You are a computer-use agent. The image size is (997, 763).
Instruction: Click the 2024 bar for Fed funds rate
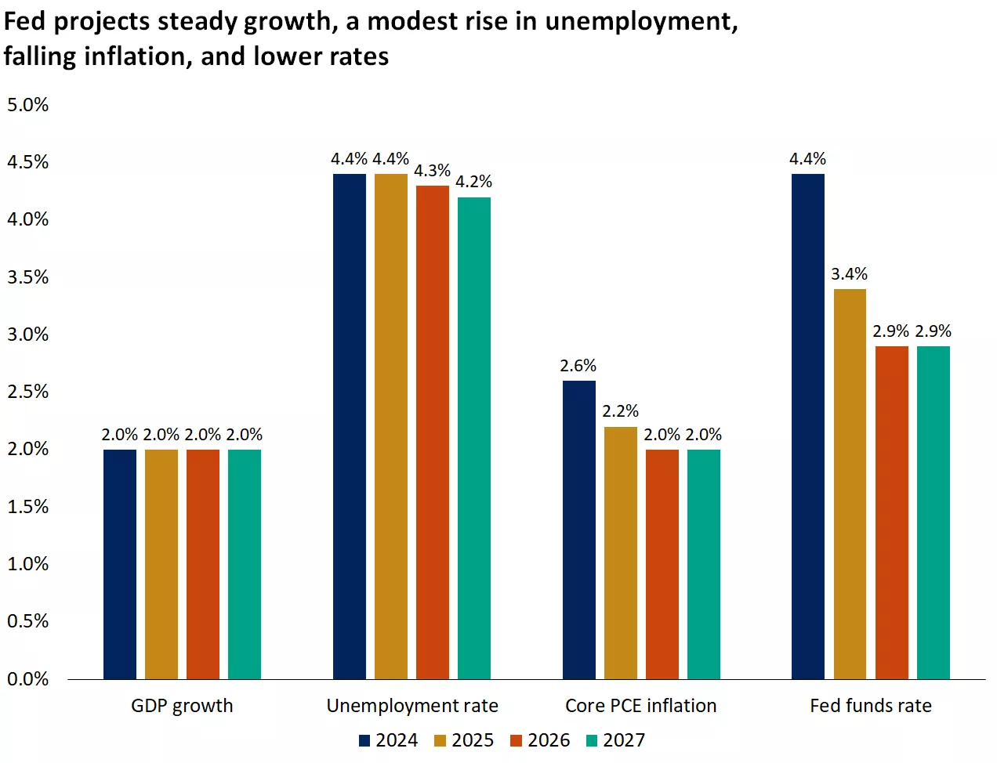(x=808, y=426)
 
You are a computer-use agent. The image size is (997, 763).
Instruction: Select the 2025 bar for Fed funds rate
(x=850, y=483)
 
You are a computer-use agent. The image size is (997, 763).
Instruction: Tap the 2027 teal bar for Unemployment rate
(x=474, y=438)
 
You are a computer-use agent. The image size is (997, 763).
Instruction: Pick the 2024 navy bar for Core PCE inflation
(x=579, y=530)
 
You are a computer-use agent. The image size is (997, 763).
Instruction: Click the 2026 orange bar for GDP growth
(x=203, y=564)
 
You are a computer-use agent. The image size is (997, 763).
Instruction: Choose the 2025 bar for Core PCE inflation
(x=621, y=552)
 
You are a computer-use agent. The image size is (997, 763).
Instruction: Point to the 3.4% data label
(x=850, y=274)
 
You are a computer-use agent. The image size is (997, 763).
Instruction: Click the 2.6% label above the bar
(x=578, y=366)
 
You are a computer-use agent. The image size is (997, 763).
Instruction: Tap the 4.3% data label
(x=433, y=171)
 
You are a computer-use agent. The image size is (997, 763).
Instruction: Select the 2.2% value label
(x=621, y=411)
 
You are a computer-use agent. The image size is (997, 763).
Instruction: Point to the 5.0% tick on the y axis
(x=28, y=105)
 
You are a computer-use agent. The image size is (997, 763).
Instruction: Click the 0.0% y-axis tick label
(x=28, y=679)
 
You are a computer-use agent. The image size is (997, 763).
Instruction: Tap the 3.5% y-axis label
(x=28, y=277)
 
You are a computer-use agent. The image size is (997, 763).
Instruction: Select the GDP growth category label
(x=182, y=706)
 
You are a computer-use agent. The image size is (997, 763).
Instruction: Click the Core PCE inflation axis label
(x=641, y=706)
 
